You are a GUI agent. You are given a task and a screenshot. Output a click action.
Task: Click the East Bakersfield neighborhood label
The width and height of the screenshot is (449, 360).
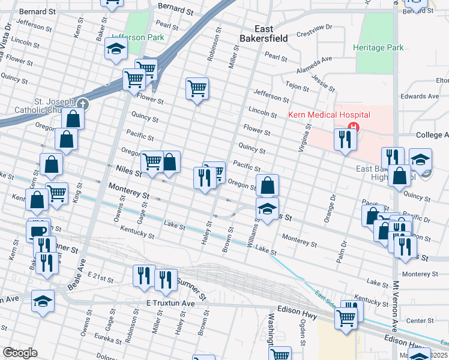(271, 34)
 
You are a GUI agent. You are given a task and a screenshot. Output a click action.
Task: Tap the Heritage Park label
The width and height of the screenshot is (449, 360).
(378, 47)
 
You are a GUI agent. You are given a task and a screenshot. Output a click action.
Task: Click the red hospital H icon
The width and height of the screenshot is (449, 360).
(354, 127)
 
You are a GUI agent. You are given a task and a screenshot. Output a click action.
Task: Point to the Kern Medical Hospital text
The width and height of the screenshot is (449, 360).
(330, 115)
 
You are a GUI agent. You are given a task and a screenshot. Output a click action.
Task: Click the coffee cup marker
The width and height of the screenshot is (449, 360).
(38, 232)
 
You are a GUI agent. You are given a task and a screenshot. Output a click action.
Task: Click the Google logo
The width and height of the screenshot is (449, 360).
(20, 353)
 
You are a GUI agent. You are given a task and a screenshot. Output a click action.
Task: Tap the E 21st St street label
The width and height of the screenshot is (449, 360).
(100, 277)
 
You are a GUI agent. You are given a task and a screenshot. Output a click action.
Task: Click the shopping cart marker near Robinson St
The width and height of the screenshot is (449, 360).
(197, 89)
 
